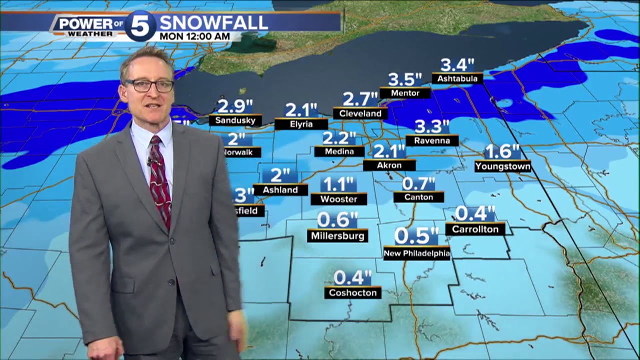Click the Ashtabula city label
(x=457, y=79)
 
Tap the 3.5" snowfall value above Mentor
(x=405, y=80)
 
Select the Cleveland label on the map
(x=360, y=114)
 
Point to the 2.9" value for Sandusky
(x=235, y=106)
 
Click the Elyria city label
(x=301, y=124)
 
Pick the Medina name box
(x=339, y=151)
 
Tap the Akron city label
(x=389, y=165)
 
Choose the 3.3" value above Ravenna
(x=432, y=126)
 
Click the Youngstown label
(x=503, y=166)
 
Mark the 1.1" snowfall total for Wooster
(x=338, y=184)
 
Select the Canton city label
(x=419, y=197)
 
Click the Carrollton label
(x=475, y=229)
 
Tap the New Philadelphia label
(x=417, y=254)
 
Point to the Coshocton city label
(x=353, y=293)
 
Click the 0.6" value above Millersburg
(x=338, y=220)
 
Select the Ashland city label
(x=280, y=190)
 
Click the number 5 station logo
(x=140, y=26)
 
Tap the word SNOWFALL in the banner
(x=213, y=22)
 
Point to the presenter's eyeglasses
(x=149, y=86)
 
